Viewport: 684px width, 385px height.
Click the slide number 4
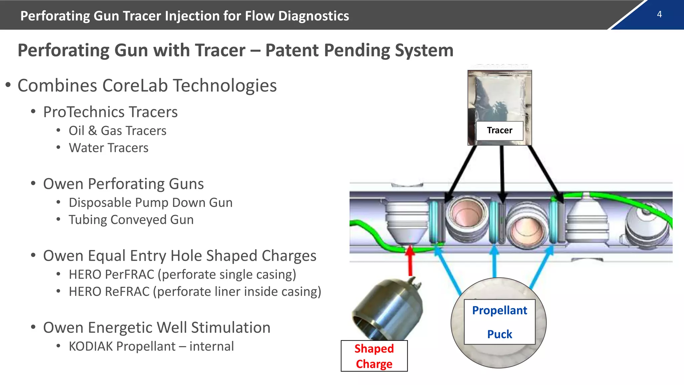[659, 14]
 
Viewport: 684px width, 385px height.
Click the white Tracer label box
[499, 130]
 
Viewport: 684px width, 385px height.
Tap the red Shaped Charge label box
[374, 356]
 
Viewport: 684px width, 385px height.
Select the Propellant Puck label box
[499, 322]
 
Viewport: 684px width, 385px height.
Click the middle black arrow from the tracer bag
[502, 174]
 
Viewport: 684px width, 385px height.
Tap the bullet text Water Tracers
[109, 148]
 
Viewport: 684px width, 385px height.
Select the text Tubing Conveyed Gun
[131, 220]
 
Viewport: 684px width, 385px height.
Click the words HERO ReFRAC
[109, 291]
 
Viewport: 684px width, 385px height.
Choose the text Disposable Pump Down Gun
[150, 203]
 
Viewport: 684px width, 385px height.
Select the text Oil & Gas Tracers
[117, 131]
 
